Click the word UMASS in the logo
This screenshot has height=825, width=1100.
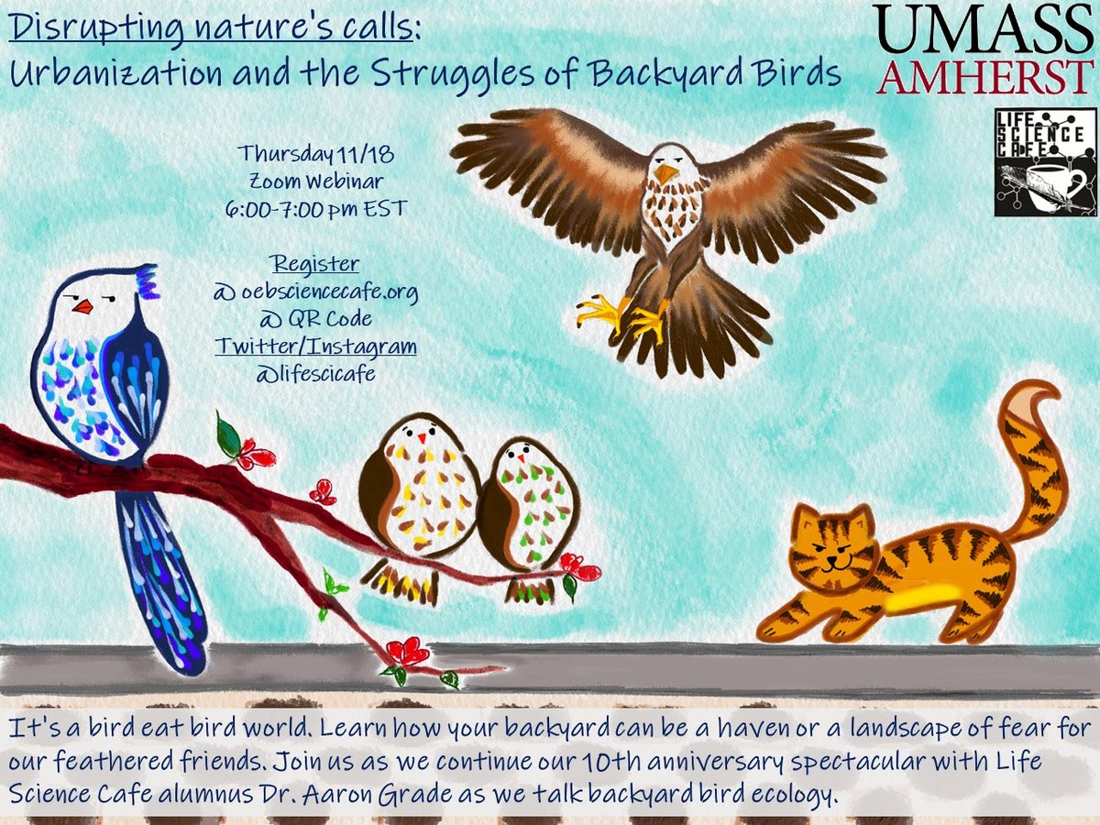click(980, 29)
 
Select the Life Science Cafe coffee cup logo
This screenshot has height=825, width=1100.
click(1045, 161)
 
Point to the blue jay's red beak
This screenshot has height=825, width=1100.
click(83, 306)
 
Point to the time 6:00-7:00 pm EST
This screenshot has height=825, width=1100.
click(315, 208)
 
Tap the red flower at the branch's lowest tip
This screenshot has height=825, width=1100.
click(408, 652)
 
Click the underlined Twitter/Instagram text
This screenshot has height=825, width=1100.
click(315, 346)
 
